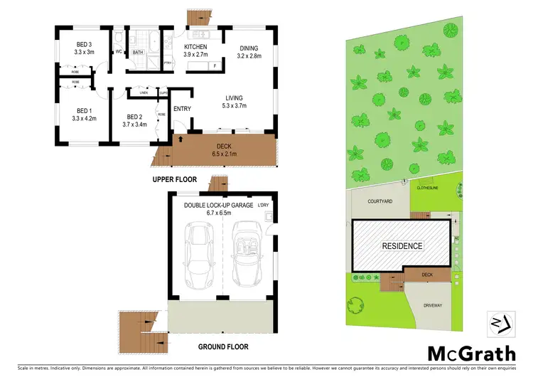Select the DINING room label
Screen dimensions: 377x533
249,48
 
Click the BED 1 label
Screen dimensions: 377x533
85,110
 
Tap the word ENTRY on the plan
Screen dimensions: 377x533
182,108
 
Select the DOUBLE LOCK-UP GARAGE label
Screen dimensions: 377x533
217,205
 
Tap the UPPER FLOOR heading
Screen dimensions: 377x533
173,180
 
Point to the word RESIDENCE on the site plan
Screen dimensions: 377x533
402,246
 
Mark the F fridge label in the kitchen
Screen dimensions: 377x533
215,65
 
